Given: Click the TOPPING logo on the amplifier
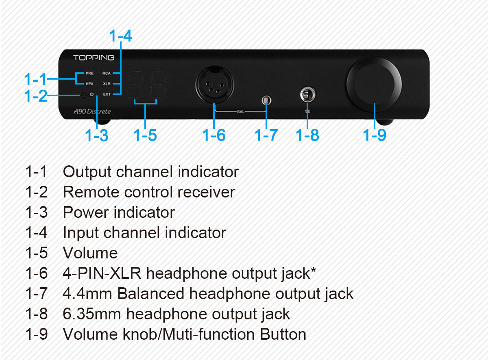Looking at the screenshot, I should tap(94, 58).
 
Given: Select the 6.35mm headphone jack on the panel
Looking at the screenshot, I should tap(307, 95).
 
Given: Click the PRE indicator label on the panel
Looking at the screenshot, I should tap(89, 74).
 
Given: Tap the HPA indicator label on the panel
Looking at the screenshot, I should tap(89, 84).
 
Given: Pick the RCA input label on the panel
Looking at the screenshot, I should tap(107, 74).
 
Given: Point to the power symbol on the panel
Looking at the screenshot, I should tap(92, 95).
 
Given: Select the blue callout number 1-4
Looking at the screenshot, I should tap(120, 36).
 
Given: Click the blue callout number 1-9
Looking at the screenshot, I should tap(375, 135).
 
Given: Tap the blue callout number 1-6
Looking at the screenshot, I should tap(214, 135).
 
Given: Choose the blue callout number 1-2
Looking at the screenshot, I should tap(36, 96).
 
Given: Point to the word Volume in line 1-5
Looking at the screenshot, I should tap(90, 253).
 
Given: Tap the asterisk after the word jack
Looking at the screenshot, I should tap(313, 271).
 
